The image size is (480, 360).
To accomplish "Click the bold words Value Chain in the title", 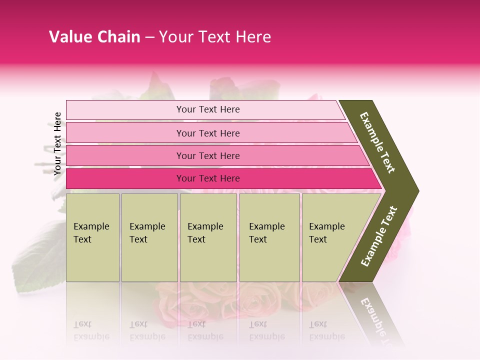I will pyautogui.click(x=94, y=37).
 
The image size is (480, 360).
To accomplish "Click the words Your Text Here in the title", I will pyautogui.click(x=215, y=37).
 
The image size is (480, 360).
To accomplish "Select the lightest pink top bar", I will pyautogui.click(x=125, y=110).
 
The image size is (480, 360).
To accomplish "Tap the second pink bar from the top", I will pyautogui.click(x=125, y=133).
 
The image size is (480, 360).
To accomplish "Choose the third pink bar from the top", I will pyautogui.click(x=125, y=155).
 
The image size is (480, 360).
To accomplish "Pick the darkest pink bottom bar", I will pyautogui.click(x=125, y=178).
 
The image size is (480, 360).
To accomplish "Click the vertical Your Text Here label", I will pyautogui.click(x=57, y=143).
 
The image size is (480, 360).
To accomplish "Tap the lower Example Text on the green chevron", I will pyautogui.click(x=379, y=236).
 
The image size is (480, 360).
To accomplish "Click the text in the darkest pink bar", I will pyautogui.click(x=208, y=178).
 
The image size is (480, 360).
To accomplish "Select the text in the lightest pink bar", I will pyautogui.click(x=208, y=109).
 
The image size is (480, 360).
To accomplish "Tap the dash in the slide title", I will pyautogui.click(x=149, y=37).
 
